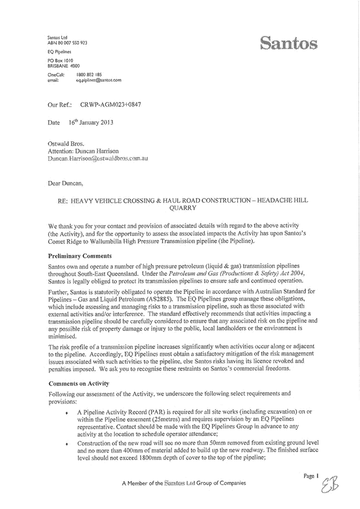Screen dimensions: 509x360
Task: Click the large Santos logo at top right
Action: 289,43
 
